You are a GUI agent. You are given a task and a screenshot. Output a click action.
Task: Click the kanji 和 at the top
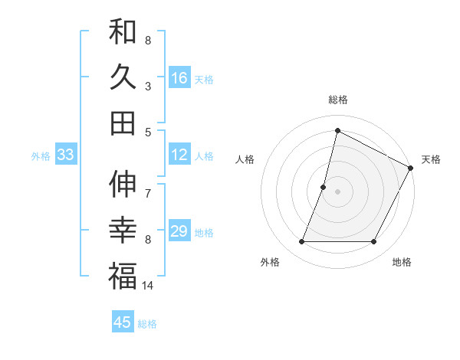click(x=123, y=33)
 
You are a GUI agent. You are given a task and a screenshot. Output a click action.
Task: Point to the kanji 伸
click(x=123, y=185)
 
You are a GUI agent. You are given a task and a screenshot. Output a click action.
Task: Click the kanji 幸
click(x=123, y=231)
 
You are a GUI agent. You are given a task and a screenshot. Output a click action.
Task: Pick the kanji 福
click(x=123, y=276)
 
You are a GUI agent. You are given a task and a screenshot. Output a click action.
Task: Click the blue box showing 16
click(x=179, y=77)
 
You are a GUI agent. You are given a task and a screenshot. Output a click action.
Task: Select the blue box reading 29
click(x=179, y=231)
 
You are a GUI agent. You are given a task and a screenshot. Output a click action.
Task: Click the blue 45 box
click(x=123, y=322)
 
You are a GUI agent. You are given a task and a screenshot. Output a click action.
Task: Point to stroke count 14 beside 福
click(x=148, y=286)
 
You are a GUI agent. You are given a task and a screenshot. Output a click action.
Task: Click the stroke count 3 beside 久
click(x=148, y=86)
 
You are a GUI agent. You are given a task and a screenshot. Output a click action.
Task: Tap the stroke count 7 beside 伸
click(x=148, y=185)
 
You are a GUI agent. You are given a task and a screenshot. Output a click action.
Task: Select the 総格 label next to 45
click(x=148, y=324)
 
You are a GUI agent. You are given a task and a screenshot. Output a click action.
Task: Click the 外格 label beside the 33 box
click(x=41, y=156)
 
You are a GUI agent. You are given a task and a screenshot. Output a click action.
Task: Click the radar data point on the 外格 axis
click(x=301, y=242)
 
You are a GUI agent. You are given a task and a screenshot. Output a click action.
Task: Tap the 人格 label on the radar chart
click(x=245, y=159)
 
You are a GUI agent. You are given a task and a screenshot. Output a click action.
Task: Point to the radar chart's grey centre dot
click(x=337, y=191)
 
